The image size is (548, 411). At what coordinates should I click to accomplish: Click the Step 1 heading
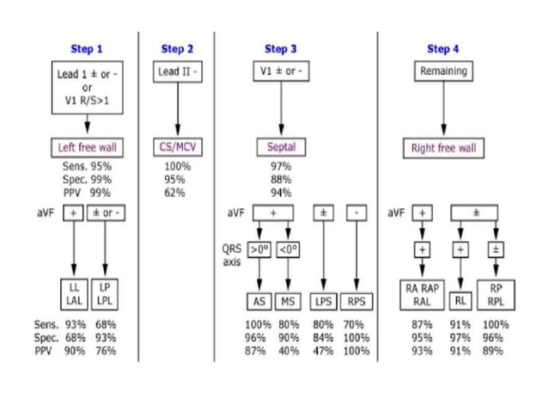pos(87,49)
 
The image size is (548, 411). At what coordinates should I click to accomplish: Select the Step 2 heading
pos(177,49)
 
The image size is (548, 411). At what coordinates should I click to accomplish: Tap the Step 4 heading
pos(443,49)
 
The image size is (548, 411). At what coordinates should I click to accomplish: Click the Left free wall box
pos(87,147)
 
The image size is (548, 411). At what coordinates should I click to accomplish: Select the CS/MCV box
pos(177,147)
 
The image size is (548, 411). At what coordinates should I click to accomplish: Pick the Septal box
pos(281,147)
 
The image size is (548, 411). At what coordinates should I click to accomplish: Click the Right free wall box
pos(443,148)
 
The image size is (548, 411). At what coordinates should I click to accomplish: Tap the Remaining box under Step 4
pos(443,71)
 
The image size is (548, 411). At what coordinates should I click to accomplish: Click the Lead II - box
pos(178,72)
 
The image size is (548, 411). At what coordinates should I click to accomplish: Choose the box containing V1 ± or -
pos(281,71)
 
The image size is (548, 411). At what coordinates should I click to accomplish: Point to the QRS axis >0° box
pos(259,249)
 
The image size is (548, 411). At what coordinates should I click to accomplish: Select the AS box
pos(259,301)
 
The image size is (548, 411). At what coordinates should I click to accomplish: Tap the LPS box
pos(323,301)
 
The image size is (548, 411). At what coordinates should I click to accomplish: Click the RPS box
pos(356,301)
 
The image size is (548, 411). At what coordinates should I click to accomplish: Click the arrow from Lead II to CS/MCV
pos(178,110)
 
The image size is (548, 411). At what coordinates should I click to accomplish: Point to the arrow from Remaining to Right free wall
pos(443,110)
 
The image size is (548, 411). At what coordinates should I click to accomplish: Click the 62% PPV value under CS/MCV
pos(176,193)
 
